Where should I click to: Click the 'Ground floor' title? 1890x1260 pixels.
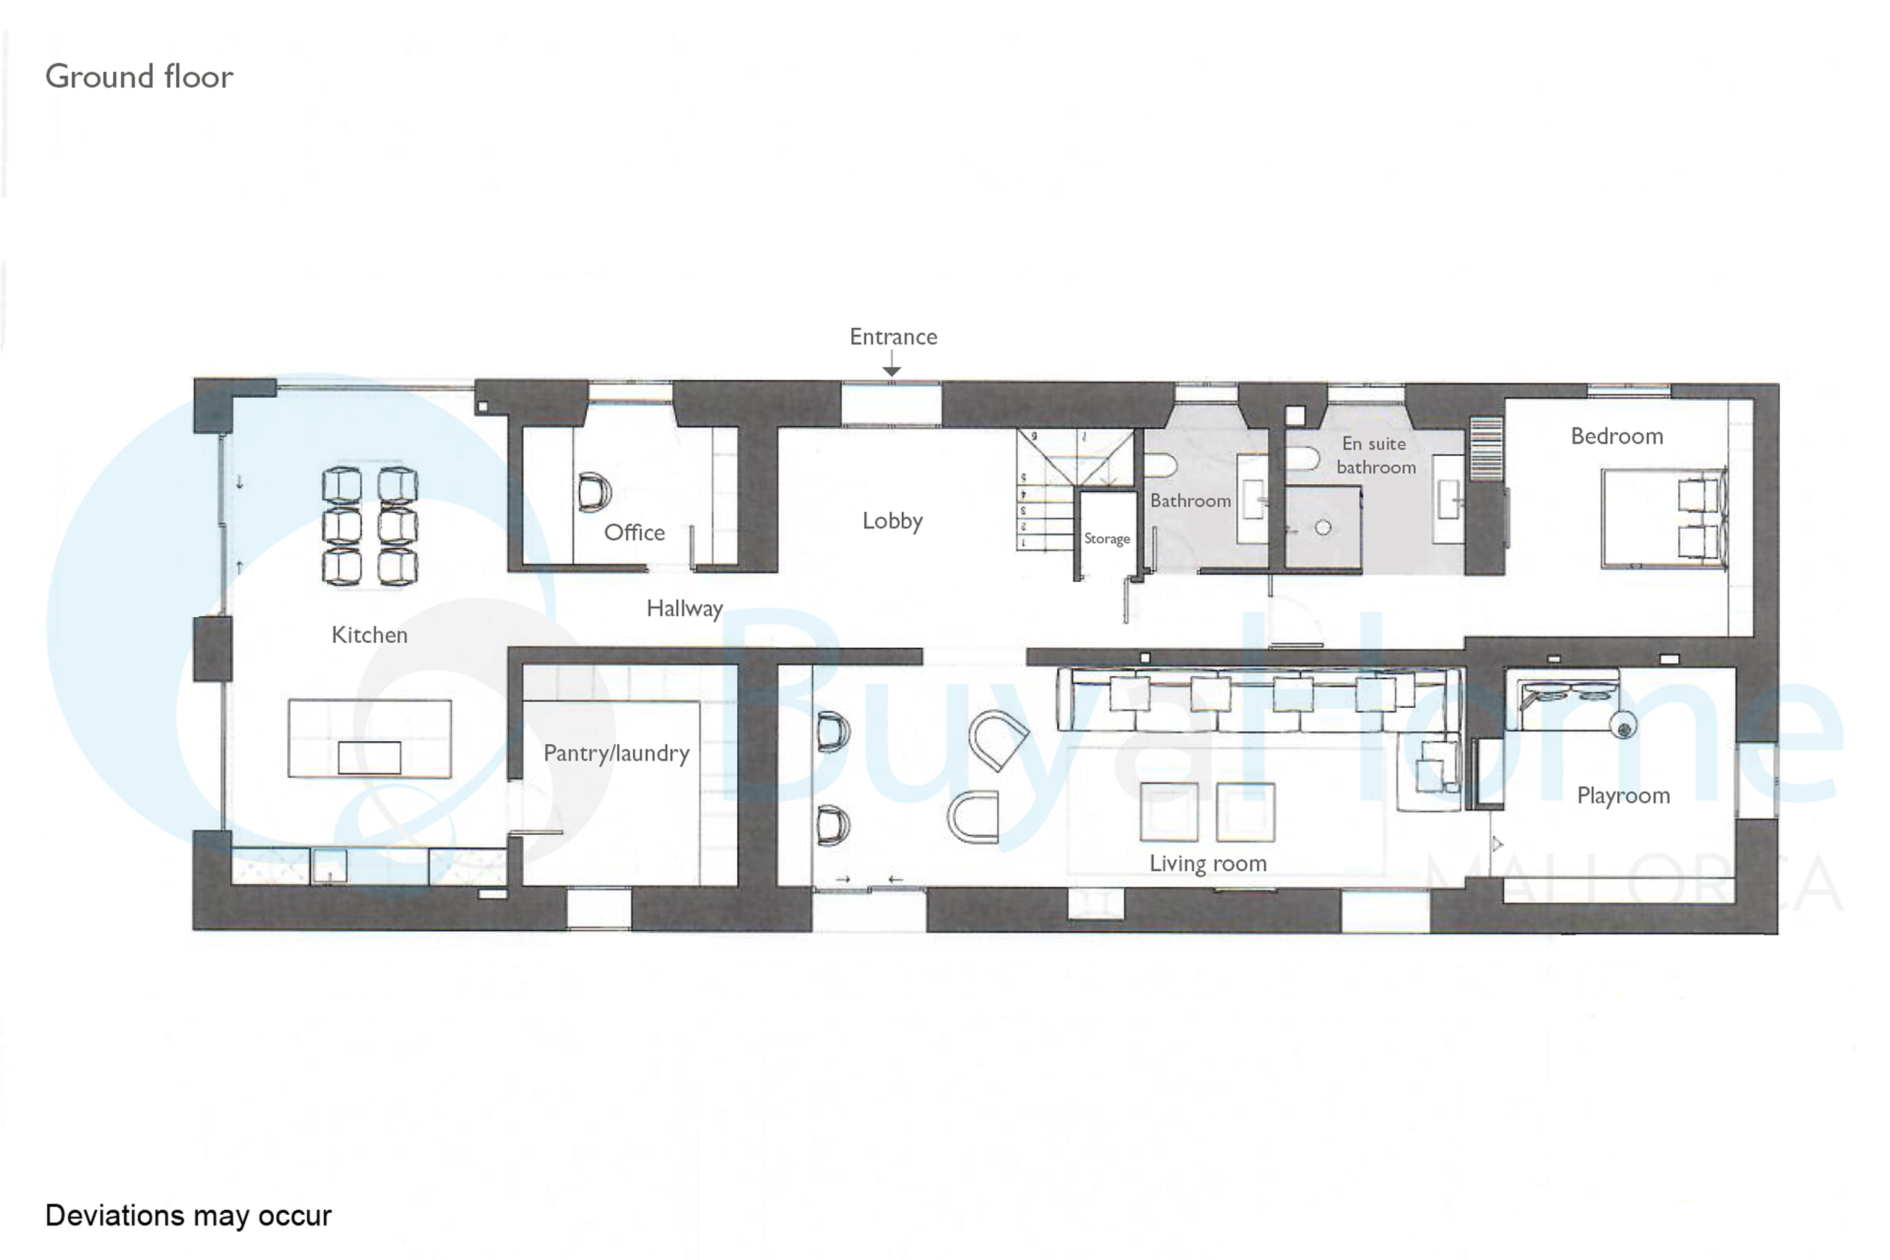click(x=139, y=76)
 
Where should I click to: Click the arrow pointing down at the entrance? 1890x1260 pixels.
click(x=891, y=363)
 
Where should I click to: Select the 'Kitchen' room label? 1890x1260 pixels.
click(x=370, y=635)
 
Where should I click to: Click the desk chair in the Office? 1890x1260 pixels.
click(x=594, y=492)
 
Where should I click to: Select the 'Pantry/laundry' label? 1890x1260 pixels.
click(x=616, y=754)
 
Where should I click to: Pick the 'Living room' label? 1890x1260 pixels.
click(x=1208, y=863)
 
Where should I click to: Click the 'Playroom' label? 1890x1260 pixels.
click(x=1623, y=795)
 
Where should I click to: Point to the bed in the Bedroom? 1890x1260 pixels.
click(x=1664, y=518)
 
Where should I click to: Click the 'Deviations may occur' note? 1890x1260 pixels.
click(x=188, y=1216)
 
